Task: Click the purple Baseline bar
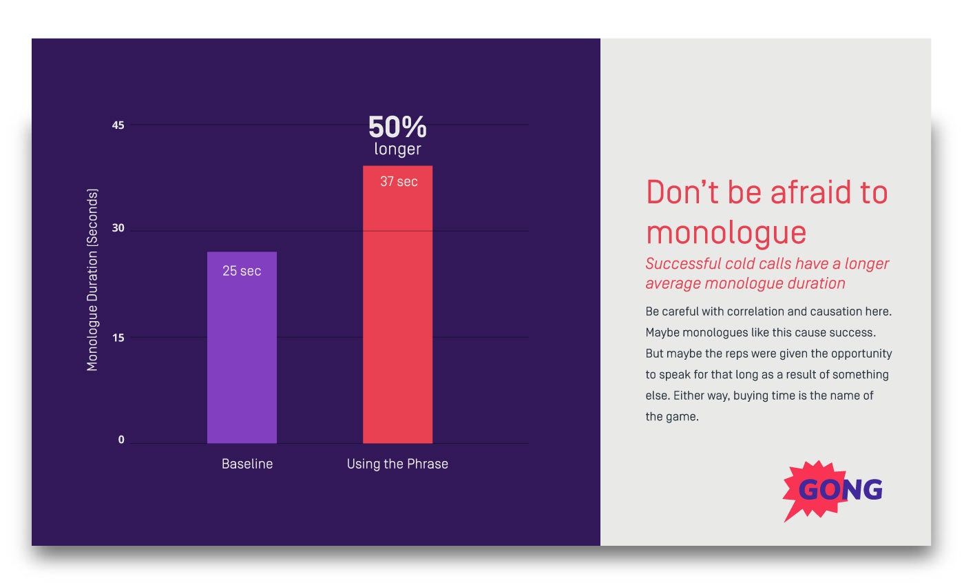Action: [242, 358]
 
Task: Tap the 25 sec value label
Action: [242, 271]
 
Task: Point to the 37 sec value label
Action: [399, 181]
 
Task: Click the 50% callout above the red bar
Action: [397, 127]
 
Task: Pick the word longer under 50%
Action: [397, 149]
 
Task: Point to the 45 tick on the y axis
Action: [118, 125]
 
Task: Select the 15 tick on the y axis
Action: [118, 337]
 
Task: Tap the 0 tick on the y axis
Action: [121, 440]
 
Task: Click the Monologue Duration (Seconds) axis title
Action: [92, 279]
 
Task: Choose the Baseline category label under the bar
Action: [247, 464]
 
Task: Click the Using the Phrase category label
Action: [397, 464]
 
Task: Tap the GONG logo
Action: [833, 490]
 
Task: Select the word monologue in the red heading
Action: [726, 232]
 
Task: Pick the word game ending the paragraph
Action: [682, 417]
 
